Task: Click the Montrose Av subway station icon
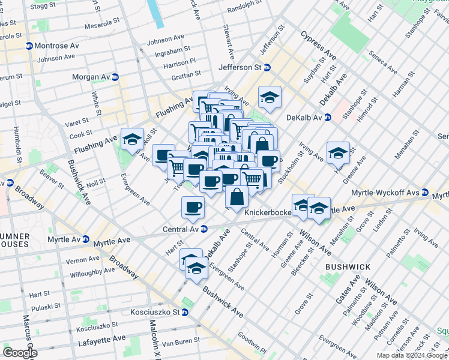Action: point(29,47)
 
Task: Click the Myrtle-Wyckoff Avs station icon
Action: point(425,193)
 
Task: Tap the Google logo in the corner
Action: point(20,352)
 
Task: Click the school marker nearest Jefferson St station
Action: point(270,97)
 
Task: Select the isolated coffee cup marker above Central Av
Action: point(193,208)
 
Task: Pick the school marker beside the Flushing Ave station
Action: point(132,140)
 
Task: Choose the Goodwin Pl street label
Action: point(251,343)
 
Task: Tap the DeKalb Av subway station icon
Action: point(328,117)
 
